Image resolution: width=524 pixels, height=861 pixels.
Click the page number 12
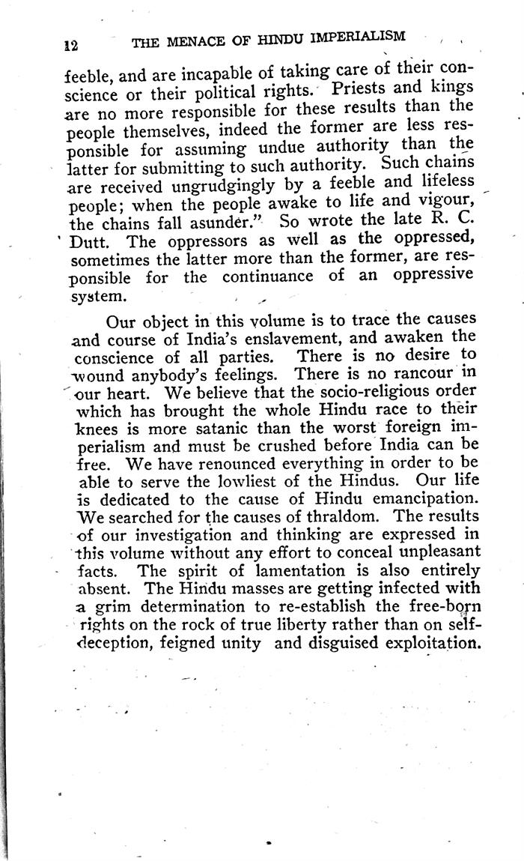point(71,44)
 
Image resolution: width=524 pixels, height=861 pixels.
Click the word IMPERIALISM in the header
point(360,37)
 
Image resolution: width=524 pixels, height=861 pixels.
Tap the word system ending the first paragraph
point(97,296)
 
